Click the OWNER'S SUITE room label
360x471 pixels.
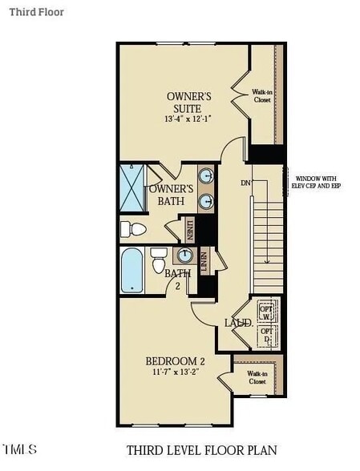(184, 102)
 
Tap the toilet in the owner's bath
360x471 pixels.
(133, 230)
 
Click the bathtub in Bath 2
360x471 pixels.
(131, 271)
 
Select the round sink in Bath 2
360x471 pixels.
(185, 256)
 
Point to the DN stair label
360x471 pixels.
(245, 183)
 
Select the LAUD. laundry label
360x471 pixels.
(238, 322)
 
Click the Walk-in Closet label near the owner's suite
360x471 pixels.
(262, 96)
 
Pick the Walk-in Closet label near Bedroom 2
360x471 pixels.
(257, 377)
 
